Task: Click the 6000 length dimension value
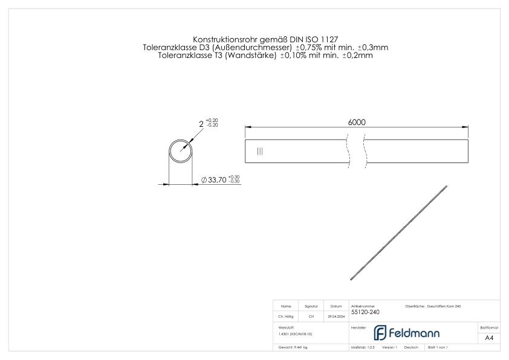pyautogui.click(x=357, y=121)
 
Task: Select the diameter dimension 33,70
pyautogui.click(x=216, y=179)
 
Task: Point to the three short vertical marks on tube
pyautogui.click(x=260, y=152)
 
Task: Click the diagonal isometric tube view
pyautogui.click(x=399, y=232)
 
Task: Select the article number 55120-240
pyautogui.click(x=365, y=312)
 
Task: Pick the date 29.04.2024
pyautogui.click(x=336, y=316)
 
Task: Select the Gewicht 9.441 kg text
pyautogui.click(x=293, y=347)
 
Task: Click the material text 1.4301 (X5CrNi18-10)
pyautogui.click(x=296, y=333)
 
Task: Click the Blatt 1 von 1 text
pyautogui.click(x=437, y=347)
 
